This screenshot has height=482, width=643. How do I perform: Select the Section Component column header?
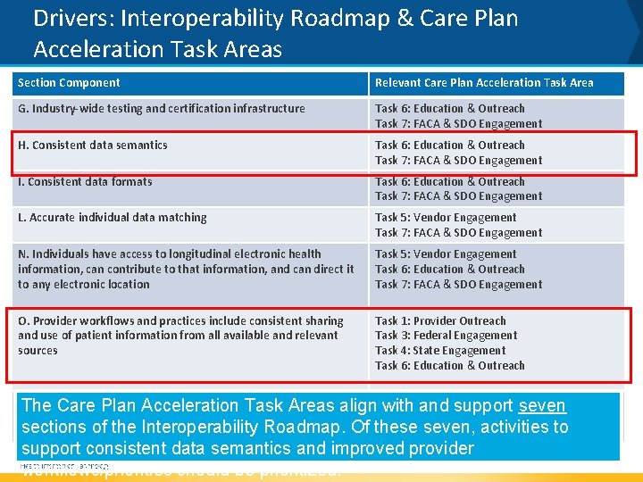pos(69,83)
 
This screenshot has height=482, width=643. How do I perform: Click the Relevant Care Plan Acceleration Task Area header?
pos(483,83)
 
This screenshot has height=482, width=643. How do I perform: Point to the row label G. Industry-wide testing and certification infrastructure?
pos(161,109)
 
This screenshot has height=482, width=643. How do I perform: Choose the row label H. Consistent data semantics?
pos(92,145)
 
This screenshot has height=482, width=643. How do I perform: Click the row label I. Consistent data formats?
pos(85,182)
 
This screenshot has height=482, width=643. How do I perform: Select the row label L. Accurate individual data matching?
pos(112,218)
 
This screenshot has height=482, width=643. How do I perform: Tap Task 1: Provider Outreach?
pos(440,321)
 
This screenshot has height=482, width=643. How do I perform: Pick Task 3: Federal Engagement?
pos(446,336)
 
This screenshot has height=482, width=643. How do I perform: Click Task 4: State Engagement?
pos(440,351)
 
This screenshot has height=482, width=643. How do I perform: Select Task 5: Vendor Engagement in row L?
pos(446,218)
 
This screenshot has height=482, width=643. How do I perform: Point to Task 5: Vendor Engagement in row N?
pos(446,254)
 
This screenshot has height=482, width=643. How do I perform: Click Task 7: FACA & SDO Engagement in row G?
pos(458,124)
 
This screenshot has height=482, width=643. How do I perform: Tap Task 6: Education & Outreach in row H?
pos(449,145)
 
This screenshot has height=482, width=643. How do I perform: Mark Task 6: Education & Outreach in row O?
pos(449,366)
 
